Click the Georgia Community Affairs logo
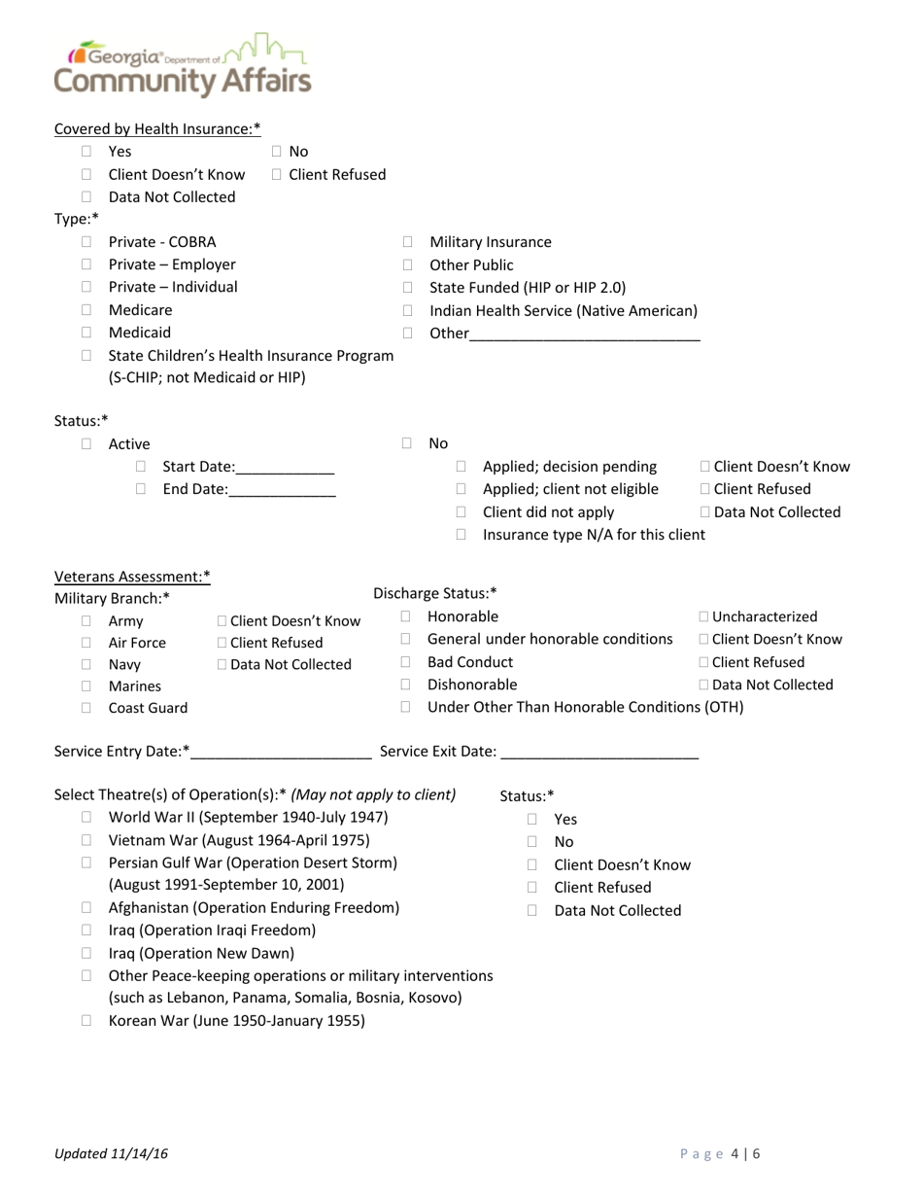(x=183, y=66)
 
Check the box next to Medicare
(x=86, y=310)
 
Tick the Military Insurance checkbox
(x=408, y=242)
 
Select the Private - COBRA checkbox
(x=86, y=242)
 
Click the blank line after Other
(x=584, y=334)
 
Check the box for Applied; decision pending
(x=461, y=468)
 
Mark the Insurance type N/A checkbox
(x=461, y=535)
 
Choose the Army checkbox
(x=86, y=621)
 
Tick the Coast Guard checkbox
(x=86, y=708)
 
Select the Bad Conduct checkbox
(x=407, y=662)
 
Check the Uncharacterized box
(x=704, y=616)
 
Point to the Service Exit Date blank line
(x=600, y=752)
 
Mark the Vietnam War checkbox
(x=86, y=840)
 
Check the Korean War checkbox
(x=86, y=1021)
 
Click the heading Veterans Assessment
(x=132, y=577)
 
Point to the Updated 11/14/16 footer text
(x=112, y=1153)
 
